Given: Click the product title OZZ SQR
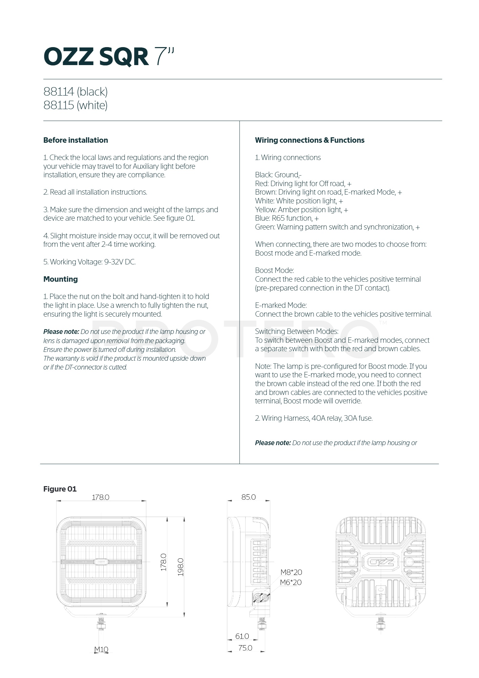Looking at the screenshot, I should click(96, 57).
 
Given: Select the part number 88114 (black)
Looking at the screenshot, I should click(75, 92).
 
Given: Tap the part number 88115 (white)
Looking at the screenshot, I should click(75, 105).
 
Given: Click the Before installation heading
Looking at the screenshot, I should click(76, 140).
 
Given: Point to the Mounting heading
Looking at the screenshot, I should click(60, 279).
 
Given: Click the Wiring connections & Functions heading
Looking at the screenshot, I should click(310, 140).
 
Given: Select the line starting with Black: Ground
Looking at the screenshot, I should click(278, 175).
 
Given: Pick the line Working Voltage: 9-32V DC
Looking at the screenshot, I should click(89, 262).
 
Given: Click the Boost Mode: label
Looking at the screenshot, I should click(274, 271).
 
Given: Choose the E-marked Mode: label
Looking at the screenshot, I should click(281, 305).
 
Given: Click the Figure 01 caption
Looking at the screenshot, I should click(60, 489).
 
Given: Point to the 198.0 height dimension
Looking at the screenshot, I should click(181, 567).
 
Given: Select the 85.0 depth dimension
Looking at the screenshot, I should click(249, 497).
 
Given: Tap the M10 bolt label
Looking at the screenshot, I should click(101, 649).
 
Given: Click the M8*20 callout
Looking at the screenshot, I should click(291, 572).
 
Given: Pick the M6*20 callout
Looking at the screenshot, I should click(291, 582).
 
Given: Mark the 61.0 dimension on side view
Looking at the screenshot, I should click(242, 636).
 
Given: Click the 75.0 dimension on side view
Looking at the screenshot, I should click(245, 648).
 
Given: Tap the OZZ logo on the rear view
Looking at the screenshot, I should click(380, 562).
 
